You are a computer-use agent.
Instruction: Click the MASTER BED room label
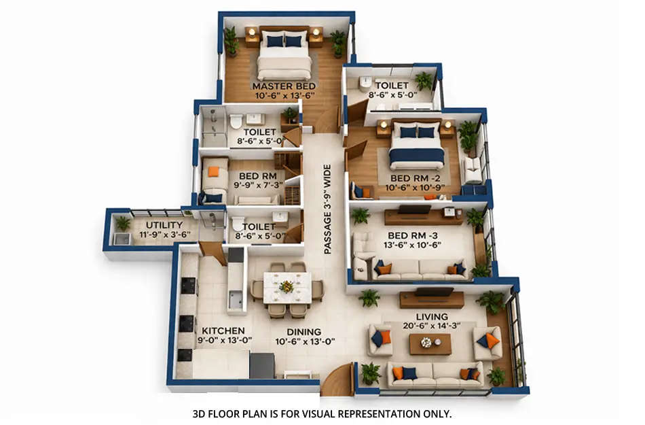coord(284,87)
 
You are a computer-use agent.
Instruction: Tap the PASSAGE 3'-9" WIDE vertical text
coord(327,209)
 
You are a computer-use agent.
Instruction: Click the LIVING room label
coord(432,317)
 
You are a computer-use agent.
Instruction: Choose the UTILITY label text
coord(164,225)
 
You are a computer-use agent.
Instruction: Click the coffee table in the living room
coord(430,343)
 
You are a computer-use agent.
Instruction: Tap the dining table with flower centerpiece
coord(287,287)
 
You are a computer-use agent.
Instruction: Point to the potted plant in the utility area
coord(123,224)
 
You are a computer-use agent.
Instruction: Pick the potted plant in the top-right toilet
coord(424,80)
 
